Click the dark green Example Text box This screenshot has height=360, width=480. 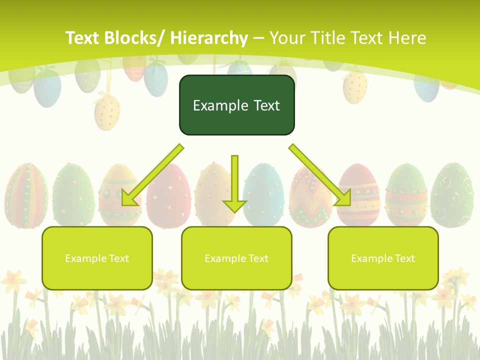(x=236, y=105)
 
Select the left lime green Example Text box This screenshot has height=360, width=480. (x=97, y=258)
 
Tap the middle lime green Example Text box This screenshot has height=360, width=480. (x=236, y=258)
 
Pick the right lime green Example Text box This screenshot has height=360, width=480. (x=383, y=258)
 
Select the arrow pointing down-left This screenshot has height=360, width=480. (x=150, y=175)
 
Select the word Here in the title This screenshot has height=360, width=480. (x=408, y=38)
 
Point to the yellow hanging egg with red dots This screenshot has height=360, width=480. (x=107, y=112)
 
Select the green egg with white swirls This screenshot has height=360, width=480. (x=452, y=195)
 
